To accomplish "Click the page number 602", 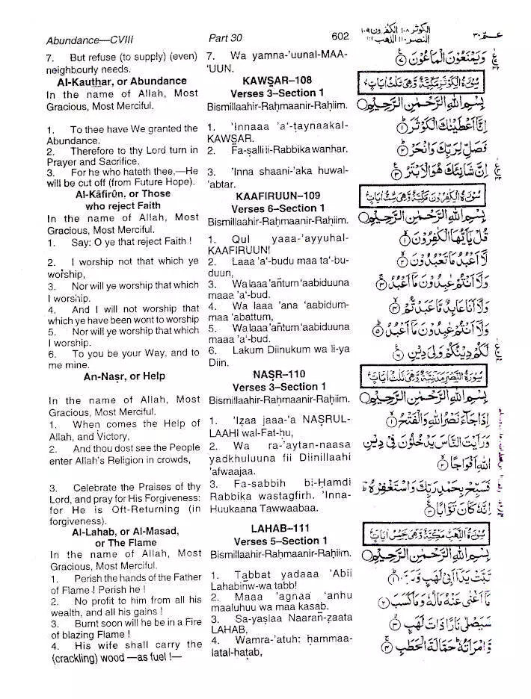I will coord(340,36).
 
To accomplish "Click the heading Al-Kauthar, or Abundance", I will coord(122,81).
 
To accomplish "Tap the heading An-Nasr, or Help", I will coord(124,376).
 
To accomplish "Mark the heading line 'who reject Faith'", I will coord(123,205).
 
